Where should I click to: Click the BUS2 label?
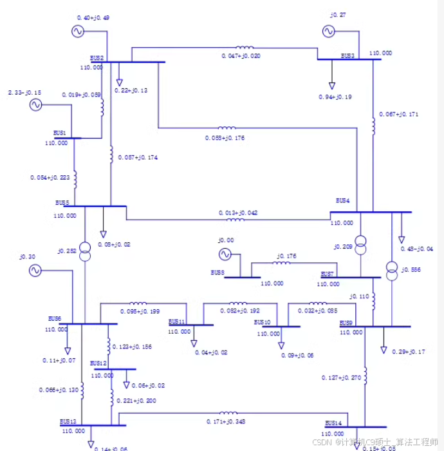coord(97,58)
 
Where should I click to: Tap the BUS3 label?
coord(347,56)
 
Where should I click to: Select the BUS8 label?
coord(217,273)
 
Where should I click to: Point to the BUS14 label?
coord(333,423)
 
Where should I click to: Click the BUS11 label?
coord(177,321)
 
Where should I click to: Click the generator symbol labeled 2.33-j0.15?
coord(35,105)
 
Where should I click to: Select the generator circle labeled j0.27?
coord(328,31)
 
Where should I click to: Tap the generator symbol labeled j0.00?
coord(225,254)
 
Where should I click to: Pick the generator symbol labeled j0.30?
coord(35,271)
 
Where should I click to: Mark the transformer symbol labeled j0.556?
coord(391,267)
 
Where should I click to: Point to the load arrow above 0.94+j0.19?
coord(332,84)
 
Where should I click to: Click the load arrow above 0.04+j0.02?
coord(194,343)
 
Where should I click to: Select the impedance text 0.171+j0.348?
coord(225,421)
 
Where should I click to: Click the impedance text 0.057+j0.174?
coord(138,157)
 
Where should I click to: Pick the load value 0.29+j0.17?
coord(407,352)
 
